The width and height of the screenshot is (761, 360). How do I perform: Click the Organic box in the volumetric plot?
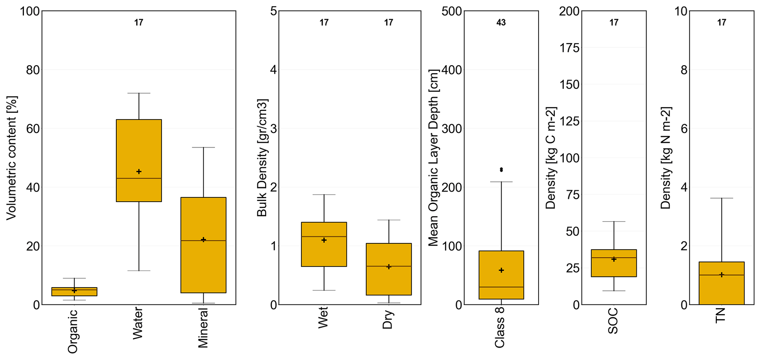(x=74, y=292)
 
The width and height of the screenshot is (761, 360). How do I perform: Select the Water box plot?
(x=139, y=160)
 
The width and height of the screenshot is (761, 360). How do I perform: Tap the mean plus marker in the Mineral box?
(x=203, y=240)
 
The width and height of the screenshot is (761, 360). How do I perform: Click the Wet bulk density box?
(x=324, y=244)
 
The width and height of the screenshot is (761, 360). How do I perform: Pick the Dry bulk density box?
(x=388, y=269)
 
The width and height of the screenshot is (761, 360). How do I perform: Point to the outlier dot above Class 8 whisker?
(x=501, y=170)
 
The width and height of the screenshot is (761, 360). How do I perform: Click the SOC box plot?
(x=614, y=263)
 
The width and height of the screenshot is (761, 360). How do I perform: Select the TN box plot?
(x=722, y=283)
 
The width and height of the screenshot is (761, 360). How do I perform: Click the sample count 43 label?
(x=501, y=23)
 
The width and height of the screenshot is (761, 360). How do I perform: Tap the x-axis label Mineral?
(x=203, y=328)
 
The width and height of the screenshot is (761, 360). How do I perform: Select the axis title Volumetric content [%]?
(x=11, y=158)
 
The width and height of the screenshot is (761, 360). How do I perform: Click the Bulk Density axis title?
(x=262, y=158)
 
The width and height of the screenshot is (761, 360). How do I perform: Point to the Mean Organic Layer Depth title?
(x=433, y=158)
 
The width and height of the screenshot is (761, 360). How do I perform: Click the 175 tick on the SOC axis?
(x=569, y=48)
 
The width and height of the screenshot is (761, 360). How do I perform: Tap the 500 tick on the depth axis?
(x=452, y=11)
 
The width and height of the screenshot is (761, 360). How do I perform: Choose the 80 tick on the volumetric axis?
(x=33, y=70)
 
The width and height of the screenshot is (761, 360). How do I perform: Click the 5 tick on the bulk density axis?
(x=273, y=11)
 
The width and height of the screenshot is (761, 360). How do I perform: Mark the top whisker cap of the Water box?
(x=139, y=93)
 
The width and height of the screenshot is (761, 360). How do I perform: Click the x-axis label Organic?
(x=73, y=331)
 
